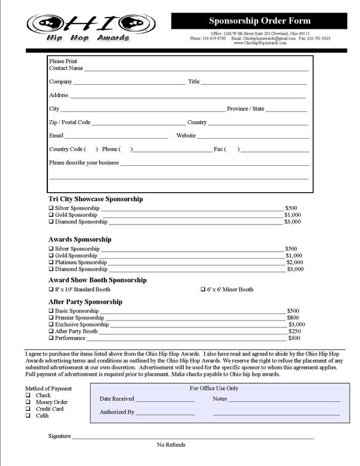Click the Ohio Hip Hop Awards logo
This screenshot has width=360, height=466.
[87, 28]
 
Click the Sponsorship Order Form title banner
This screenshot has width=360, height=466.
[259, 21]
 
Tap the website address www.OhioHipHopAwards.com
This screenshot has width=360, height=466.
[260, 43]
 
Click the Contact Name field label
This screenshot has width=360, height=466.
[66, 68]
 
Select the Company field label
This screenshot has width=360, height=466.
[61, 82]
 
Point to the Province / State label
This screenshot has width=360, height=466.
[245, 109]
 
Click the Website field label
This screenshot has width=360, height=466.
[186, 136]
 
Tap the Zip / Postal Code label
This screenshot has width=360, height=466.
[70, 123]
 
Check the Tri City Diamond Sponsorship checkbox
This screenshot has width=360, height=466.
[51, 222]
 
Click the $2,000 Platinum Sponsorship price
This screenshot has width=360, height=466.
[295, 262]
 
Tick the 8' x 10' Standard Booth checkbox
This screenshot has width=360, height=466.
[51, 289]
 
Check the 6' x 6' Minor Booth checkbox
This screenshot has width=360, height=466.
[203, 289]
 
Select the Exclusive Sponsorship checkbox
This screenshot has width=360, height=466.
[51, 325]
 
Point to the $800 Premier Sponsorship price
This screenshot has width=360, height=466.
[293, 318]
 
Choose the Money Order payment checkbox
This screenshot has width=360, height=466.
[28, 402]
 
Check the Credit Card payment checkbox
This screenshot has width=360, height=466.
[28, 409]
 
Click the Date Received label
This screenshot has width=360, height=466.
[117, 399]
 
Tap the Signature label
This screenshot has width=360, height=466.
[60, 436]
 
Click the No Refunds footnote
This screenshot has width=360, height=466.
[171, 445]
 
